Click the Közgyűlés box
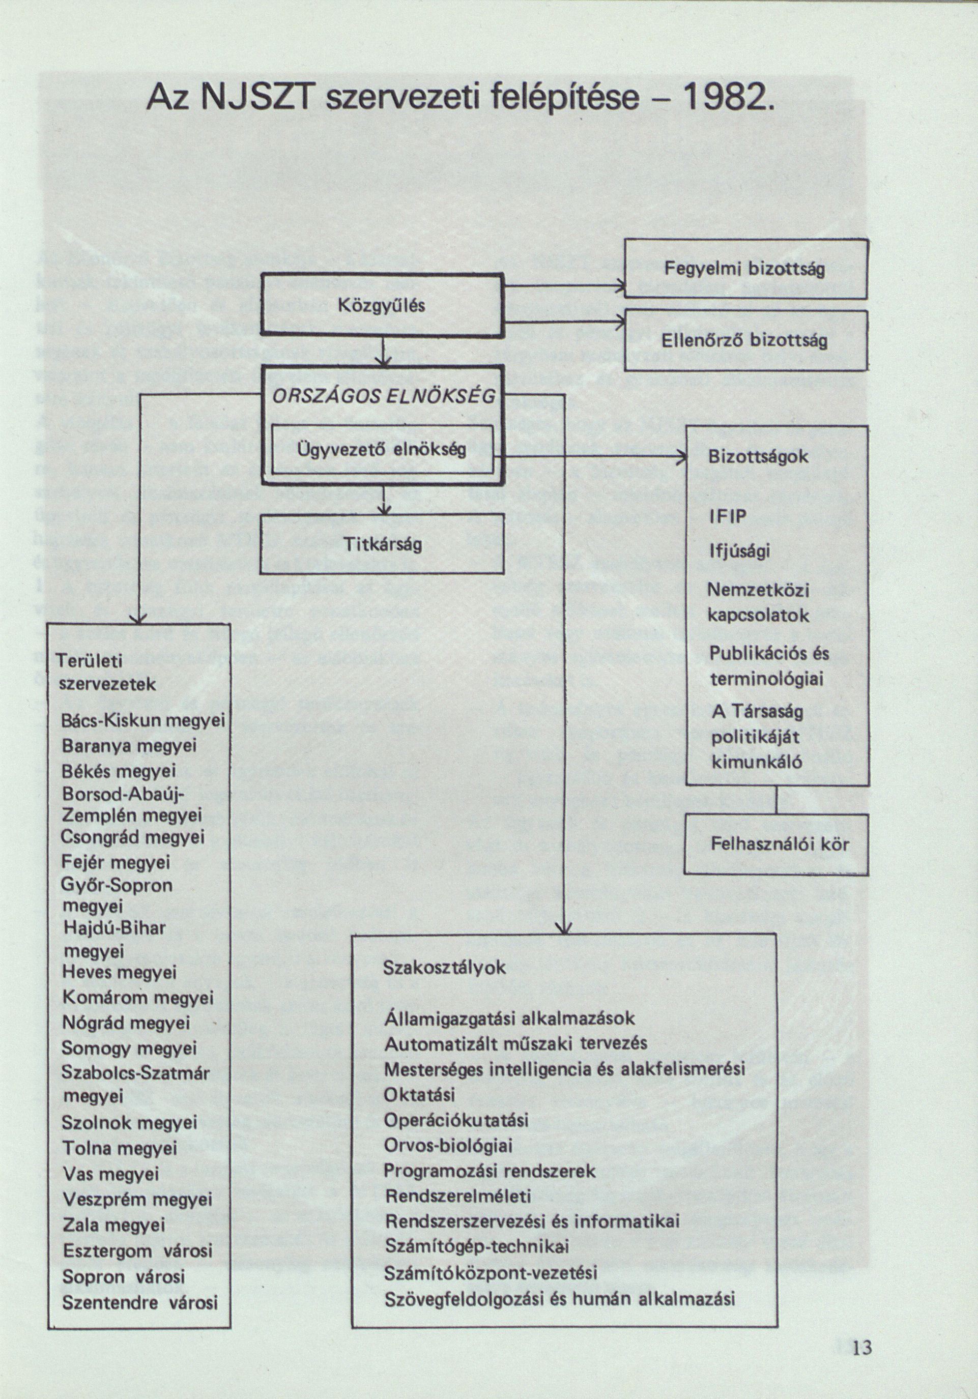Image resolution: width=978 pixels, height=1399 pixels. (x=383, y=305)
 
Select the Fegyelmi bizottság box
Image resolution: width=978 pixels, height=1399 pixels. (x=745, y=269)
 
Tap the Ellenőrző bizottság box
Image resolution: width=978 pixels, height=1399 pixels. (x=745, y=341)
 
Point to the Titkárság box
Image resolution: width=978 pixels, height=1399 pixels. (x=382, y=544)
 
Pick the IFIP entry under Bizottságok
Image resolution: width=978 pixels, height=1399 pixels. (x=728, y=517)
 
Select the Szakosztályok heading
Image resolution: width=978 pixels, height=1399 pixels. (x=444, y=968)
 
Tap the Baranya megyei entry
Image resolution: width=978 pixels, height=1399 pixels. (x=129, y=746)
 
